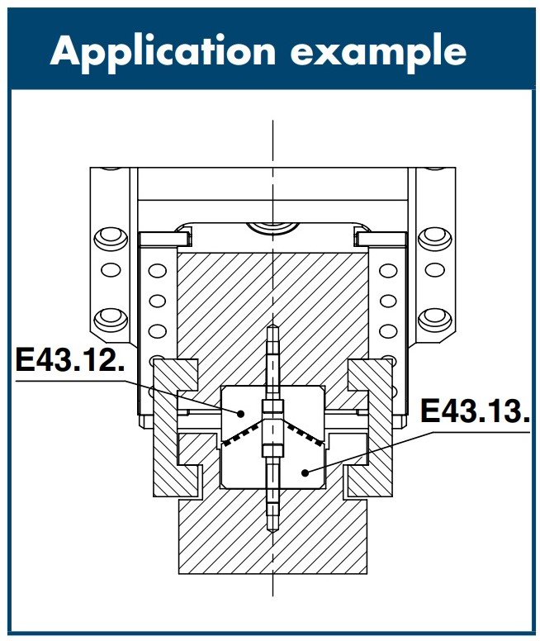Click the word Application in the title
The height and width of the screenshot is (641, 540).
tap(163, 52)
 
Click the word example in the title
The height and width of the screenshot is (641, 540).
tap(378, 52)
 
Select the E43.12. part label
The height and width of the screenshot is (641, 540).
tap(70, 360)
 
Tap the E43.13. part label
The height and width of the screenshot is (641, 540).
tap(476, 411)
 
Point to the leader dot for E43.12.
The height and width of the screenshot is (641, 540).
tap(241, 413)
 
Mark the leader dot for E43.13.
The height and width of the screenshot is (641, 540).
tap(305, 473)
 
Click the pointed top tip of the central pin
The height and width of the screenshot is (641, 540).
tap(272, 325)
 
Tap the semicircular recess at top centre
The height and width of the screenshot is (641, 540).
tap(272, 228)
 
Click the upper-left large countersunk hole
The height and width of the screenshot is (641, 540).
tap(111, 240)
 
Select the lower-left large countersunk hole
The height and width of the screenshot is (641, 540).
tap(111, 320)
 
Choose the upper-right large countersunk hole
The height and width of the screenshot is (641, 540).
tap(435, 240)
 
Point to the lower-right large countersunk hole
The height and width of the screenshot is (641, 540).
tap(435, 320)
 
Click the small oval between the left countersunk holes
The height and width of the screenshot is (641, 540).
tap(111, 270)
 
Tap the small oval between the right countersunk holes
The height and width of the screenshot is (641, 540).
tap(435, 270)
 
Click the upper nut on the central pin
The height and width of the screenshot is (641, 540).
tap(272, 406)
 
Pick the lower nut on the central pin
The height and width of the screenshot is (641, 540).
tap(272, 451)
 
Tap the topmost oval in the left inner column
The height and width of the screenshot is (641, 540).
tap(158, 271)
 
